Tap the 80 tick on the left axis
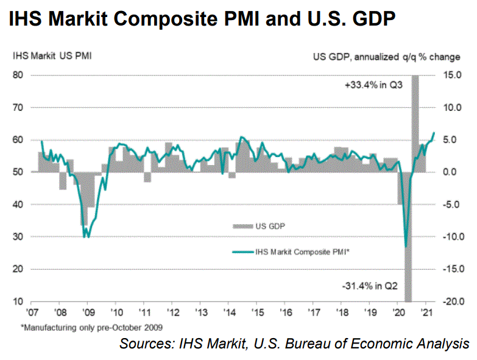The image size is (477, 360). (x=18, y=75)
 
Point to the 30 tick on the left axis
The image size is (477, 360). (x=18, y=236)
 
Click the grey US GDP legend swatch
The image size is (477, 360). (x=242, y=226)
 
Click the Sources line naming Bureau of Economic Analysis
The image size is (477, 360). (x=294, y=343)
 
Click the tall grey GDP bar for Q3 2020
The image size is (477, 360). (x=415, y=122)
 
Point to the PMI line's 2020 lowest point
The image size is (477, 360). (x=406, y=247)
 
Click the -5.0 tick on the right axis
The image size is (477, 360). (x=450, y=204)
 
